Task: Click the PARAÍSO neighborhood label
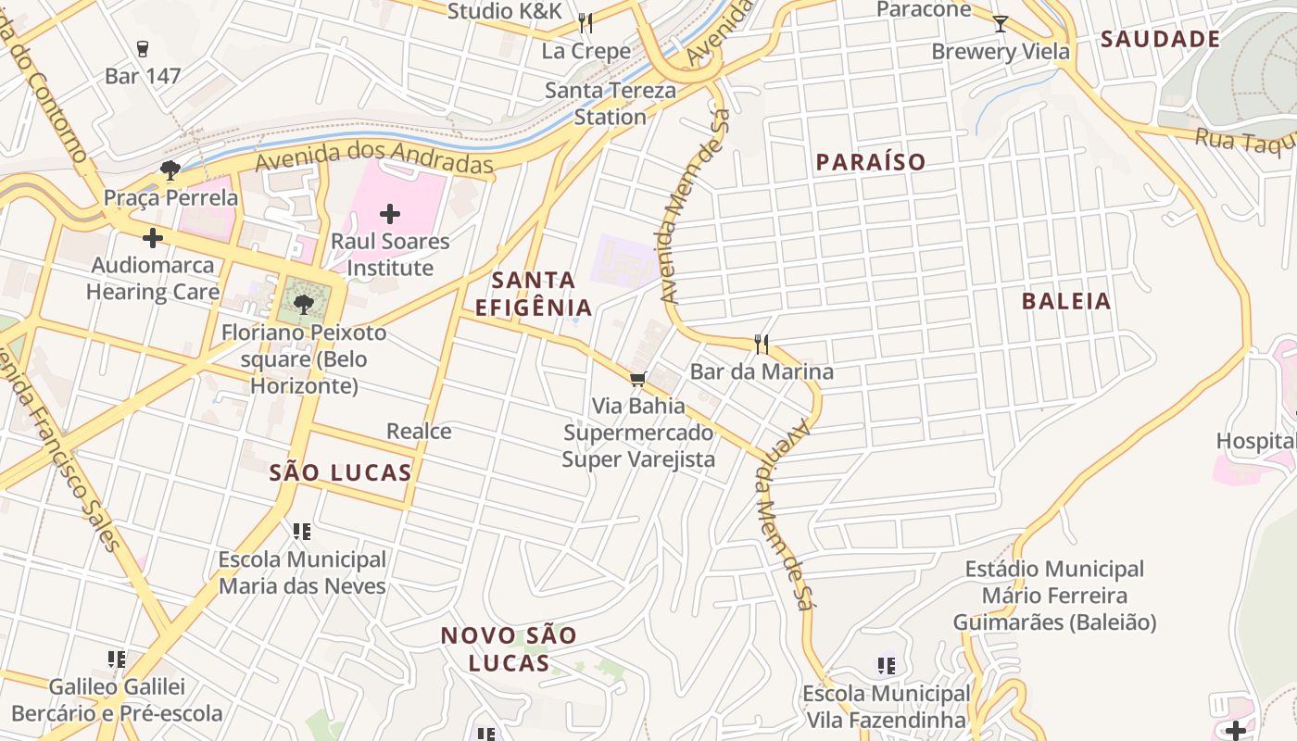(870, 162)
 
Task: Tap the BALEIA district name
(1065, 301)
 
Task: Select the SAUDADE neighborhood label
(1160, 39)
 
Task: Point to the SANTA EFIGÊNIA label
(533, 293)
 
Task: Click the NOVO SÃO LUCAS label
(509, 649)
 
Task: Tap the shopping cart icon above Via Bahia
(637, 380)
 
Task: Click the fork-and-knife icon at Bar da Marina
(762, 345)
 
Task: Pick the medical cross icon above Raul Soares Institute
(390, 215)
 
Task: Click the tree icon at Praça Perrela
(170, 170)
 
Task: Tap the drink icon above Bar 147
(142, 48)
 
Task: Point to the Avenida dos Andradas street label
(374, 157)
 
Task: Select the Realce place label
(419, 431)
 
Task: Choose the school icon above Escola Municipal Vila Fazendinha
(887, 665)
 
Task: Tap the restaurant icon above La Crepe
(585, 22)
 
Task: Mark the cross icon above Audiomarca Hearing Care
(153, 238)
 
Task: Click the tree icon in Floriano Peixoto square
(303, 303)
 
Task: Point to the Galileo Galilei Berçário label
(117, 700)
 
